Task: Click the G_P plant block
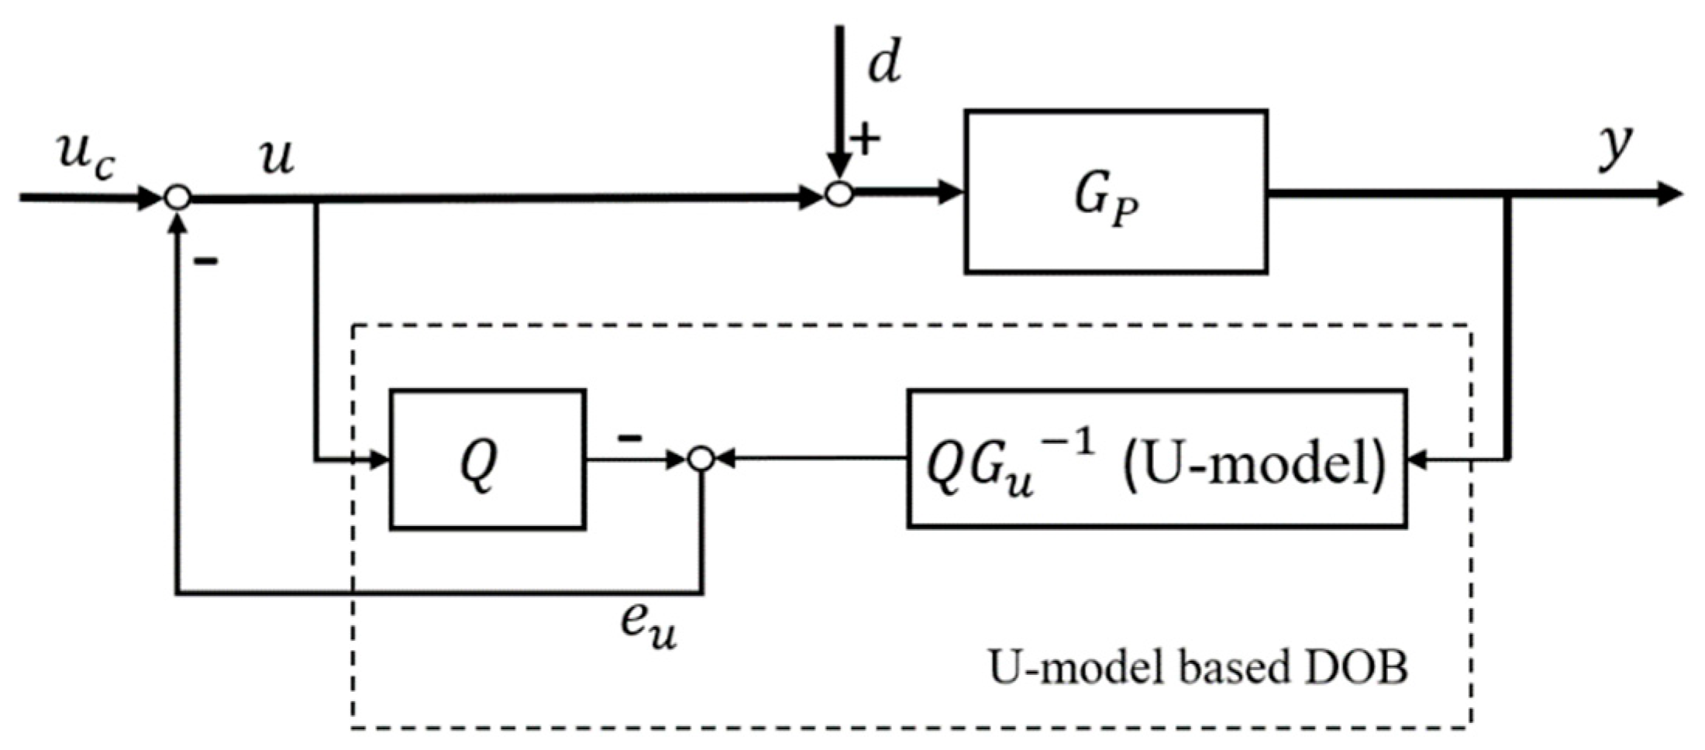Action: coord(1115,192)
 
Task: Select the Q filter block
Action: coord(487,459)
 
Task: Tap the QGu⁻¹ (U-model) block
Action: coord(1156,459)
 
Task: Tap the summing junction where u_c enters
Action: coord(177,198)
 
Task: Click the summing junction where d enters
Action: coord(839,194)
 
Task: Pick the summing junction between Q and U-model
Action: coord(701,459)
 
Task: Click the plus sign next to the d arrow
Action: coord(866,139)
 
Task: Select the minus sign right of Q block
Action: coord(629,439)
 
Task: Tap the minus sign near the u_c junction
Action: coord(205,262)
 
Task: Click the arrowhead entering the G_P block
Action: coord(952,192)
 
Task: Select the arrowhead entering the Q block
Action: coord(379,460)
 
